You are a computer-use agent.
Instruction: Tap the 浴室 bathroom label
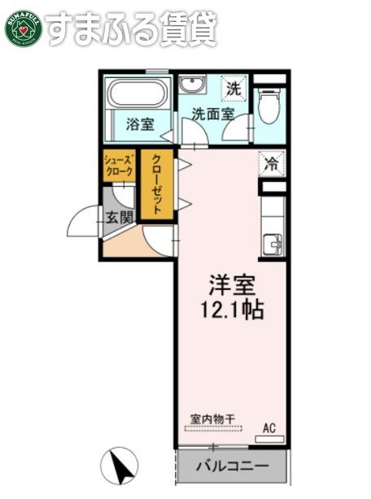point(140,124)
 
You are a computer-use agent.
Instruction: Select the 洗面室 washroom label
point(213,114)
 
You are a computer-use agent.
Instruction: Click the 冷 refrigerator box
point(272,163)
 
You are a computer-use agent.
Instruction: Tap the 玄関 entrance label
point(120,217)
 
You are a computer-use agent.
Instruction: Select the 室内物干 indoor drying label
point(213,419)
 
